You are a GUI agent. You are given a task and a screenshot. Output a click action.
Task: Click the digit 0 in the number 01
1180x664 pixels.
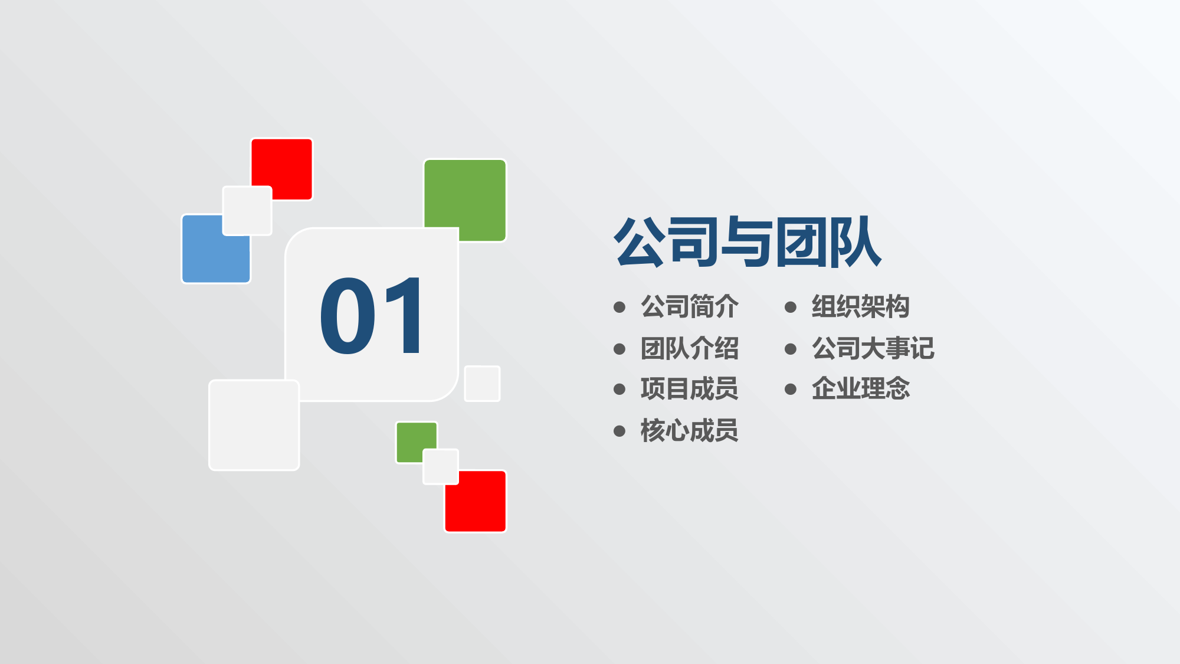[348, 316]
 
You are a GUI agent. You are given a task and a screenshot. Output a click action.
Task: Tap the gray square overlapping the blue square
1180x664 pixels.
[247, 211]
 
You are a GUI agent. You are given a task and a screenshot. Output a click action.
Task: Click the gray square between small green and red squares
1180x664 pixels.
[441, 467]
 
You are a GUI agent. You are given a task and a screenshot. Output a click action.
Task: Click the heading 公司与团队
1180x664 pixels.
[748, 242]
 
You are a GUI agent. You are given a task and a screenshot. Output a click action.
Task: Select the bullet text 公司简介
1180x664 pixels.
[689, 307]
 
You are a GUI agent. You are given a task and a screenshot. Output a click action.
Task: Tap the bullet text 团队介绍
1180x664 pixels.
[689, 348]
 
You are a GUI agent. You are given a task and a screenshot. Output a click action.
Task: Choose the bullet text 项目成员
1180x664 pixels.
[689, 389]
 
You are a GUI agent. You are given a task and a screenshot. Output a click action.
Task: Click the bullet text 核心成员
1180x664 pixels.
[689, 430]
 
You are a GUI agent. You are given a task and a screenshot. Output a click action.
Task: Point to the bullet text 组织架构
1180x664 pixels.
[860, 307]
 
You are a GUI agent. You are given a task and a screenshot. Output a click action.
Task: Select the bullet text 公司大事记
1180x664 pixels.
[873, 348]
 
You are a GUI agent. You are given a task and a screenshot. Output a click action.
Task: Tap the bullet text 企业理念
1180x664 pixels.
[860, 389]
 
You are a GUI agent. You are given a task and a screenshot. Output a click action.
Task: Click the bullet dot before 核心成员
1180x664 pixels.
[619, 431]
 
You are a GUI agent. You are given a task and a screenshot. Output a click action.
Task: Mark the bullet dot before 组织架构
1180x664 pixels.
[791, 307]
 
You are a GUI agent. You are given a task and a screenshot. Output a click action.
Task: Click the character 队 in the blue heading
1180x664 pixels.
[855, 242]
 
